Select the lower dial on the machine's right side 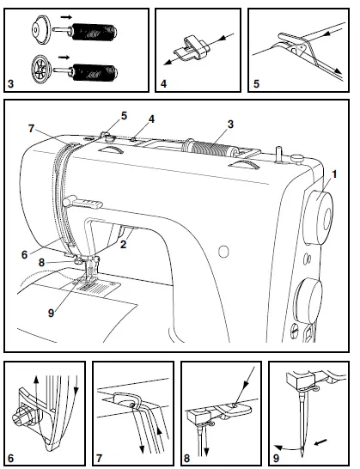(x=308, y=303)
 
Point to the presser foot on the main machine (x=88, y=275)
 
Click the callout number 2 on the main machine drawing (x=124, y=245)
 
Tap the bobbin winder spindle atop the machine (x=278, y=155)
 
